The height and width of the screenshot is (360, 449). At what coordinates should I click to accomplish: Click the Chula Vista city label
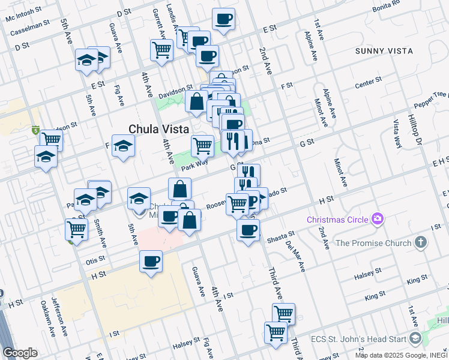tap(159, 128)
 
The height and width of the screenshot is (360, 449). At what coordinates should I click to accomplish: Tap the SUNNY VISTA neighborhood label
tap(384, 51)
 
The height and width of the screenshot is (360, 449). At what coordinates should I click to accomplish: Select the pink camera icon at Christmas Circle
tap(378, 219)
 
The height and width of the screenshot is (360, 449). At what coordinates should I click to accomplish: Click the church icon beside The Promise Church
tap(421, 242)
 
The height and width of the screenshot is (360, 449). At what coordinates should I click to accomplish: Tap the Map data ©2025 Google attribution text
tap(396, 356)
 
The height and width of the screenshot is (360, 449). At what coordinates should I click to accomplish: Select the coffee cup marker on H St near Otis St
tap(151, 262)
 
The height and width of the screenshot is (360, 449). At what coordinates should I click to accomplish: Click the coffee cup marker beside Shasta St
tap(247, 230)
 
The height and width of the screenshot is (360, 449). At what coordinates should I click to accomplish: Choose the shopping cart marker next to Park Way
tap(202, 145)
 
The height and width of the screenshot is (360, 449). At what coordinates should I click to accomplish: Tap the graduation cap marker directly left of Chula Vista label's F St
tap(123, 146)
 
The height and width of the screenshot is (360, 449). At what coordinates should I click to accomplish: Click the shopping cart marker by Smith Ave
tap(76, 229)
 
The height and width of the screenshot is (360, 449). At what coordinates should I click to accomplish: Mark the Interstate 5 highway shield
tap(36, 130)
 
